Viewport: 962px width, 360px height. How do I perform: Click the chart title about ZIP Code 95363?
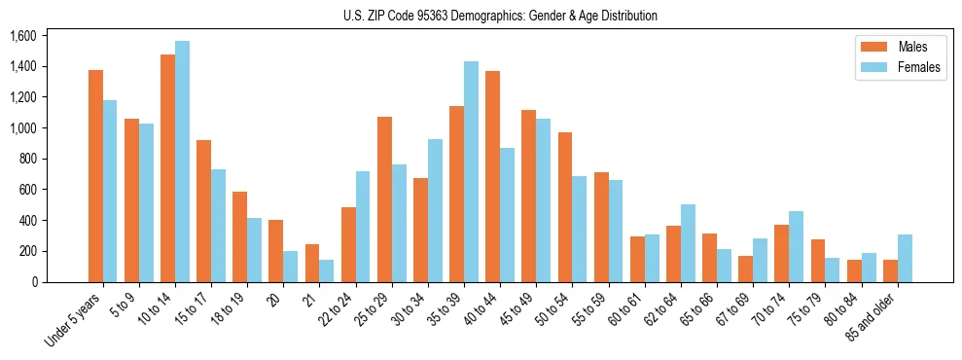coord(500,16)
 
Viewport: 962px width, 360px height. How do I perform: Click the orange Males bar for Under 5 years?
coord(95,176)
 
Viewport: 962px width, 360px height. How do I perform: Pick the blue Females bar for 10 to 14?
coord(182,162)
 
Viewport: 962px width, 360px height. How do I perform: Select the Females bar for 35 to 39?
coord(471,171)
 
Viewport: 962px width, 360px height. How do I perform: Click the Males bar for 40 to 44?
coord(492,176)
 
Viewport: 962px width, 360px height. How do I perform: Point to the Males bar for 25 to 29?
coord(384,199)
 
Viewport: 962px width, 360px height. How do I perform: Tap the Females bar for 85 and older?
coord(904,258)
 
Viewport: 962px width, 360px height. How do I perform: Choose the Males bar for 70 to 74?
coord(781,253)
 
